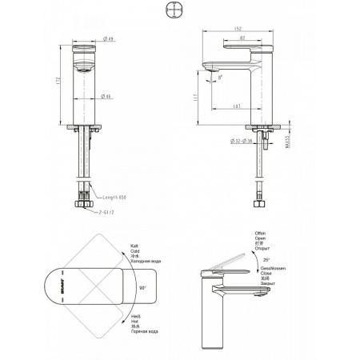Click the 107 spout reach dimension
[237, 106]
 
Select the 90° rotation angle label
[144, 285]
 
